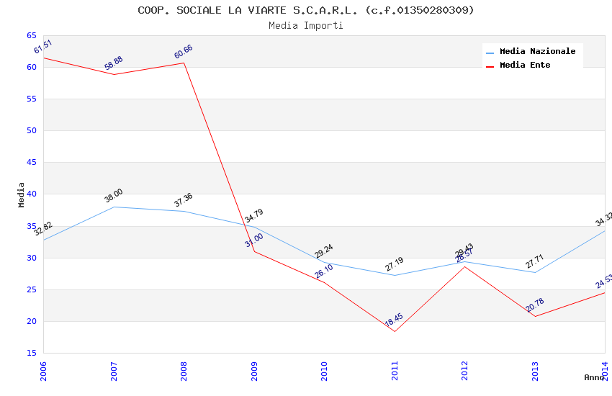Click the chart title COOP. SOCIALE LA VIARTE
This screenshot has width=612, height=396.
click(x=306, y=10)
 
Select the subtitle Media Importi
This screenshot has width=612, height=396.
click(x=306, y=25)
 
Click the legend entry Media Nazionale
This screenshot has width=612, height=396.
click(x=537, y=51)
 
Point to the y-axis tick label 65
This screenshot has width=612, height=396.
click(x=32, y=35)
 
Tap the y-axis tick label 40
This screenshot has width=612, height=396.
click(x=32, y=194)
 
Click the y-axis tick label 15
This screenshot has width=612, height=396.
click(x=32, y=353)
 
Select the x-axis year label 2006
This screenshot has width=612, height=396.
click(x=44, y=372)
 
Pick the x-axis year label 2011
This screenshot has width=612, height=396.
click(x=395, y=372)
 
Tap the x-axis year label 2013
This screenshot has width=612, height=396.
click(x=535, y=372)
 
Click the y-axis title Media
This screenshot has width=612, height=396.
click(x=22, y=194)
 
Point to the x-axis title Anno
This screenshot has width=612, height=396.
click(x=594, y=377)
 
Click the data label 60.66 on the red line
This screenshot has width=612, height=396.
click(x=184, y=52)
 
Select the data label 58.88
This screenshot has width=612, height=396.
click(x=114, y=63)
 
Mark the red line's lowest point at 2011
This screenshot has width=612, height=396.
click(x=395, y=331)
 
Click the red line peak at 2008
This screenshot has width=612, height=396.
click(x=184, y=63)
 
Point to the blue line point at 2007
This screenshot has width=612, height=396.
click(x=114, y=207)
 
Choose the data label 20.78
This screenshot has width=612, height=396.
click(x=534, y=305)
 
